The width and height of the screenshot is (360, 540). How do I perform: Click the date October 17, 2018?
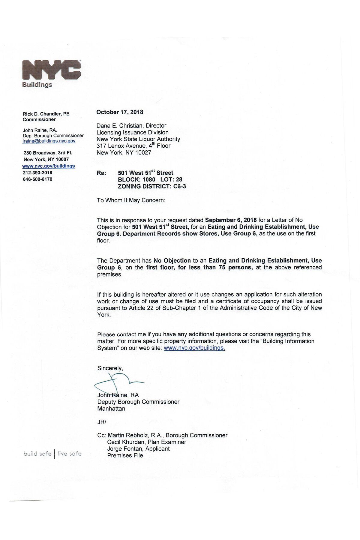pos(120,112)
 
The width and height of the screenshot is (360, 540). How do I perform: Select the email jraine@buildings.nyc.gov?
pos(49,141)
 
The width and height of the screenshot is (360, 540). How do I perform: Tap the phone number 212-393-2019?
pos(37,173)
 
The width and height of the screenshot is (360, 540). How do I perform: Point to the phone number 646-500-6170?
pos(37,179)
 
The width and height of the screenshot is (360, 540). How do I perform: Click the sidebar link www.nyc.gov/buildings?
pos(49,166)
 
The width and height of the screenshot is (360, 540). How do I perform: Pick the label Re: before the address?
pos(101,173)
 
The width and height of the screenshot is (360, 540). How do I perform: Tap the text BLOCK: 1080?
pos(136,180)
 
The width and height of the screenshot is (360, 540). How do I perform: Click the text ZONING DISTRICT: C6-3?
pos(152,186)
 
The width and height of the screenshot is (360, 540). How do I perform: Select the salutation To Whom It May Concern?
pos(131,200)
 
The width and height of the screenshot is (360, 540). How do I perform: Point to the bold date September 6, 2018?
pos(231,220)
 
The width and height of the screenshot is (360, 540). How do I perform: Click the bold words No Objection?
pos(172,261)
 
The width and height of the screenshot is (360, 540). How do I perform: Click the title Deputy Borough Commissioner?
pos(138,402)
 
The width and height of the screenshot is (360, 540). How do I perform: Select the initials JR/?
pos(102,422)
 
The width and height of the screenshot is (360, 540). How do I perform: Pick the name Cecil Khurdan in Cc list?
pos(126,442)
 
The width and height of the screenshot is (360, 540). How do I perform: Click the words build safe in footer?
pos(37,454)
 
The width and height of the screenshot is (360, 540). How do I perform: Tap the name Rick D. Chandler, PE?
pos(46,114)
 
